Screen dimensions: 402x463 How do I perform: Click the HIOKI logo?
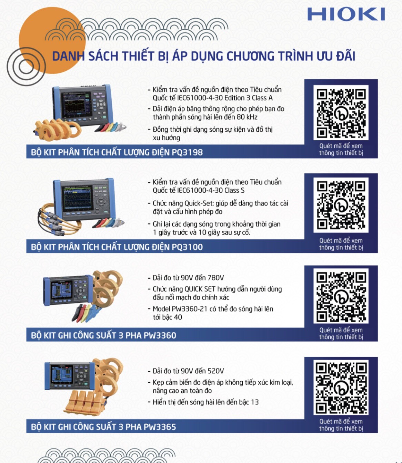pyautogui.click(x=346, y=14)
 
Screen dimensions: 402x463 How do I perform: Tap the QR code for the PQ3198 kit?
pyautogui.click(x=341, y=112)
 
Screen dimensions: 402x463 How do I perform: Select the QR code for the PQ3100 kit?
pyautogui.click(x=341, y=205)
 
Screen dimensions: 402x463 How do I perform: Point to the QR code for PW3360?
pyautogui.click(x=341, y=296)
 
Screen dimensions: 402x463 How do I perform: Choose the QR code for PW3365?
pyautogui.click(x=341, y=387)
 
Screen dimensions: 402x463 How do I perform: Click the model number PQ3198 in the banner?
pyautogui.click(x=187, y=152)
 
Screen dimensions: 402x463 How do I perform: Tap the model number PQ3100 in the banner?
pyautogui.click(x=187, y=247)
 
